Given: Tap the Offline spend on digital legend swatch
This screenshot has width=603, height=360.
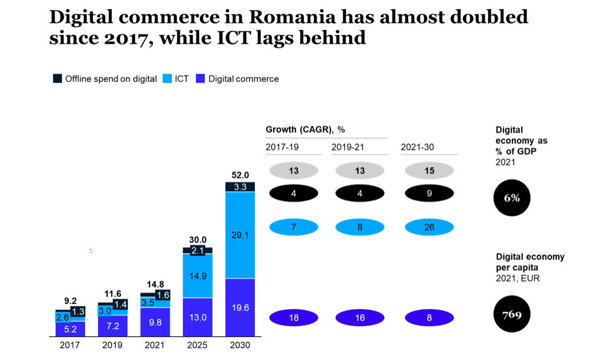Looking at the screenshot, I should click(57, 79).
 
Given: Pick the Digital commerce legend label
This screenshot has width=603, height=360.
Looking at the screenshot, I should click(243, 79).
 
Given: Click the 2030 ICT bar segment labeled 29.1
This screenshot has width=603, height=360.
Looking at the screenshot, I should click(240, 235).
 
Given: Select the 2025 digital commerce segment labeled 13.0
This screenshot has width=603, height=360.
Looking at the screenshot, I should click(198, 317).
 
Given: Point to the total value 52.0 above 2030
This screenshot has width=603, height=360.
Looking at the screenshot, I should click(240, 175).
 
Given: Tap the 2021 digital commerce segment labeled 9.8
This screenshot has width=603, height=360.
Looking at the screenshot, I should click(155, 322).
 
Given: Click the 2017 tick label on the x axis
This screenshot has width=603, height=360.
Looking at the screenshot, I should click(70, 345).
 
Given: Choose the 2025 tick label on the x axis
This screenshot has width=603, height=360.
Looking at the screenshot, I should click(198, 345).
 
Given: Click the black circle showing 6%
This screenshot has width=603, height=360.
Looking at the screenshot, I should click(512, 198).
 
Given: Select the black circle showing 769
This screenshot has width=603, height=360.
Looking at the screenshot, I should click(512, 314).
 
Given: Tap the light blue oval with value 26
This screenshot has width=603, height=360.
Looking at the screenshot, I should click(429, 227).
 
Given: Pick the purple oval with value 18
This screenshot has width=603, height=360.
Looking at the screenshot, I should click(293, 318).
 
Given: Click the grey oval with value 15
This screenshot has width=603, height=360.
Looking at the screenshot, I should click(429, 171).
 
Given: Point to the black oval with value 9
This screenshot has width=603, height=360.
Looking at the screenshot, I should click(429, 193).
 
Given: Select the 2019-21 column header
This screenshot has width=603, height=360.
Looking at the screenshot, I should click(348, 147).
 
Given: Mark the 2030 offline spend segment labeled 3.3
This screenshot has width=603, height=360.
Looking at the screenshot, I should click(240, 187).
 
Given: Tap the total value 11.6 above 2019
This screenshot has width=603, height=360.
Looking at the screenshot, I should click(112, 293).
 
